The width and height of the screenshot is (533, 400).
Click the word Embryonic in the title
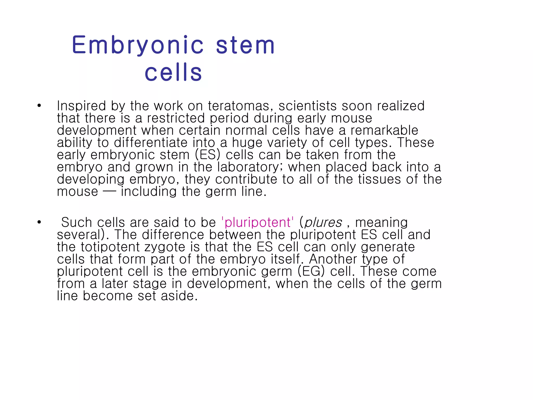coord(138,45)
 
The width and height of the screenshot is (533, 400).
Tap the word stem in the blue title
coord(245,45)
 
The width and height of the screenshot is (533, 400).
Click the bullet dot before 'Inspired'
coord(39,106)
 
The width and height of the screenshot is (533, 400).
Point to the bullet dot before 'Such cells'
coord(39,222)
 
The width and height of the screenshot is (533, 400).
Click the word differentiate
coord(151,143)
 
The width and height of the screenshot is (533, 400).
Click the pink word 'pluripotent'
coord(257,222)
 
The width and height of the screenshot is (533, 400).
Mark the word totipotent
coord(110,247)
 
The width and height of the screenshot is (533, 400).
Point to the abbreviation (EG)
coord(311,271)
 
